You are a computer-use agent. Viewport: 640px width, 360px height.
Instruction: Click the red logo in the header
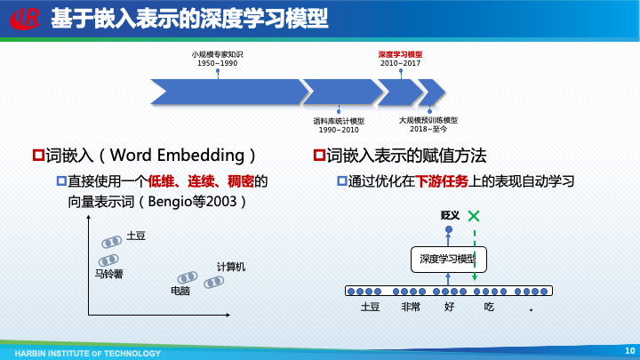tap(24, 18)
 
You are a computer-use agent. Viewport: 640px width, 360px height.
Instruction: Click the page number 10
tap(629, 350)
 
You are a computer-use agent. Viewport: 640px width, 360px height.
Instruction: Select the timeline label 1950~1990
tap(217, 64)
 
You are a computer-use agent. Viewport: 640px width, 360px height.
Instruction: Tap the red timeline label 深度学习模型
tap(400, 54)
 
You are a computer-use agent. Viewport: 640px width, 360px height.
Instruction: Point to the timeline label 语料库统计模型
tap(339, 121)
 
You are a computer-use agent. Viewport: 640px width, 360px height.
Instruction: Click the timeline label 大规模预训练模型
tap(428, 120)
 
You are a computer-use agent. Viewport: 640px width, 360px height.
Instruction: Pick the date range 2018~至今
tap(428, 130)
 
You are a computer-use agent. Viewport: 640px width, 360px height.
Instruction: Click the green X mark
tap(475, 216)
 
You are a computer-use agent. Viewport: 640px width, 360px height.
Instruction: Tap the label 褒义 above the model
tap(449, 216)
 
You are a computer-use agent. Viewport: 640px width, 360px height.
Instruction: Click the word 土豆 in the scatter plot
tap(136, 236)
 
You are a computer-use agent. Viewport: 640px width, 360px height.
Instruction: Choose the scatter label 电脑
tap(180, 291)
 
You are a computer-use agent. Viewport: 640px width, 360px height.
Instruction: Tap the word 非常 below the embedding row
tap(410, 307)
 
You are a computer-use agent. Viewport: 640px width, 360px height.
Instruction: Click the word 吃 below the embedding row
tap(488, 307)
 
